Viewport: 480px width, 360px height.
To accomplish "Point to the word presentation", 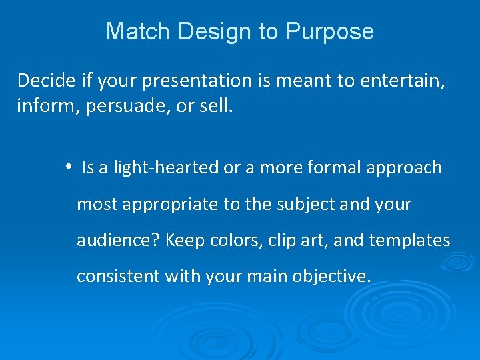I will pyautogui.click(x=197, y=81).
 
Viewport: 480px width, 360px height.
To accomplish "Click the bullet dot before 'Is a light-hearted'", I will pyautogui.click(x=69, y=167).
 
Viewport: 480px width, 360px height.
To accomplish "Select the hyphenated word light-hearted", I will pyautogui.click(x=166, y=167).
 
